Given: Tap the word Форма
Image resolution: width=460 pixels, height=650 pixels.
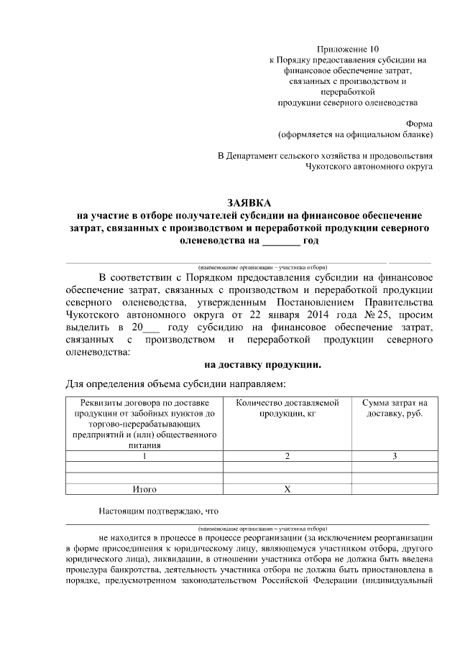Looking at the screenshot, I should point(420,123).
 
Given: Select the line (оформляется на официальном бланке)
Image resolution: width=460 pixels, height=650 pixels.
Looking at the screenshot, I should point(356,134).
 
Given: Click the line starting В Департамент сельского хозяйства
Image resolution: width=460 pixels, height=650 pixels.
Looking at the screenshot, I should point(326,156).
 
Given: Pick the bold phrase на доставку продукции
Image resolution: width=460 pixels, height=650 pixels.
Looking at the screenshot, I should point(262,365).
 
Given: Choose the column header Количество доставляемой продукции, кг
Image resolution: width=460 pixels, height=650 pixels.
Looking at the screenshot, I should point(287,408).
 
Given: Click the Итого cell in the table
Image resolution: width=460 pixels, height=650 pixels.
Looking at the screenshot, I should point(144,489).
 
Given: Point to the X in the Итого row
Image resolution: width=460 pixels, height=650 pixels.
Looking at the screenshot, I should point(287,489).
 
